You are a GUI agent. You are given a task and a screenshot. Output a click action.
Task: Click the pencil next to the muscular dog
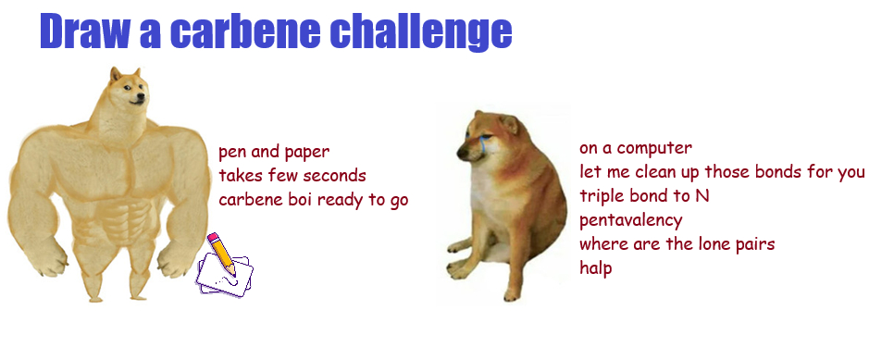[222, 254]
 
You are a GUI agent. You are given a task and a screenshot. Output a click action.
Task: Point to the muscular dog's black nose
[141, 98]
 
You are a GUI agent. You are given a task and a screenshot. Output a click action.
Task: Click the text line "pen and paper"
[274, 151]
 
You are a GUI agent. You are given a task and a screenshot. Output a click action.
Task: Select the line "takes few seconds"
[292, 176]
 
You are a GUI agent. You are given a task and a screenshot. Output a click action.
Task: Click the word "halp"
[596, 268]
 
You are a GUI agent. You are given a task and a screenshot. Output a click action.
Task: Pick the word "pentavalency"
[630, 220]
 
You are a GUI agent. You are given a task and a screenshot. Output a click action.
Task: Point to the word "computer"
[654, 148]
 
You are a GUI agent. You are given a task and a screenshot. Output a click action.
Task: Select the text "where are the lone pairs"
[677, 243]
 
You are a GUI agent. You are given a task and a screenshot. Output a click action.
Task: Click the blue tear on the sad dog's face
[481, 142]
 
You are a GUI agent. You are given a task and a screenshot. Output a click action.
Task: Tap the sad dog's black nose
[461, 150]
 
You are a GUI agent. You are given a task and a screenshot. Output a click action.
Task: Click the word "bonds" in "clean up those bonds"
[788, 172]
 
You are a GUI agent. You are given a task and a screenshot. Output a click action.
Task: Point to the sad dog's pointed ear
[509, 123]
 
